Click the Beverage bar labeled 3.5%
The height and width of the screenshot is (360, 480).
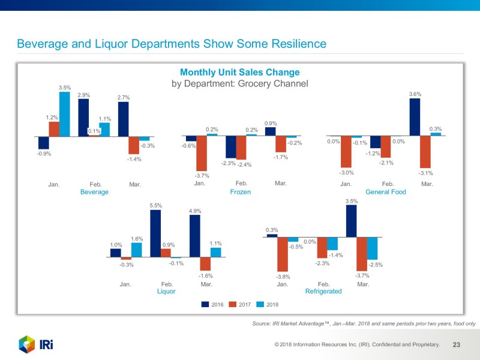pyautogui.click(x=64, y=114)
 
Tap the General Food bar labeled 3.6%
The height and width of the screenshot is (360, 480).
pyautogui.click(x=415, y=117)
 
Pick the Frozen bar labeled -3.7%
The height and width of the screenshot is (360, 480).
pyautogui.click(x=202, y=153)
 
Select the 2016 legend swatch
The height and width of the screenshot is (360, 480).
pyautogui.click(x=205, y=305)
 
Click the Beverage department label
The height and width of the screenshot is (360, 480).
pyautogui.click(x=94, y=192)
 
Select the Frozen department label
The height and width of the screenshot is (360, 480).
pyautogui.click(x=240, y=192)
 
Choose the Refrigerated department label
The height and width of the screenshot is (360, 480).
pyautogui.click(x=323, y=291)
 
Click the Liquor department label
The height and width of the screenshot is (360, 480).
pyautogui.click(x=166, y=291)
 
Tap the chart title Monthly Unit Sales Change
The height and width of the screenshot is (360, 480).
pyautogui.click(x=239, y=73)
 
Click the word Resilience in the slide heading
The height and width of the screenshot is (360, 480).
pyautogui.click(x=296, y=44)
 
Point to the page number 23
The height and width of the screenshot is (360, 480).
pyautogui.click(x=456, y=345)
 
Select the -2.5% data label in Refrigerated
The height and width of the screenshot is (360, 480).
pyautogui.click(x=375, y=265)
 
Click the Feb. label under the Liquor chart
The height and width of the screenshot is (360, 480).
pyautogui.click(x=167, y=283)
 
